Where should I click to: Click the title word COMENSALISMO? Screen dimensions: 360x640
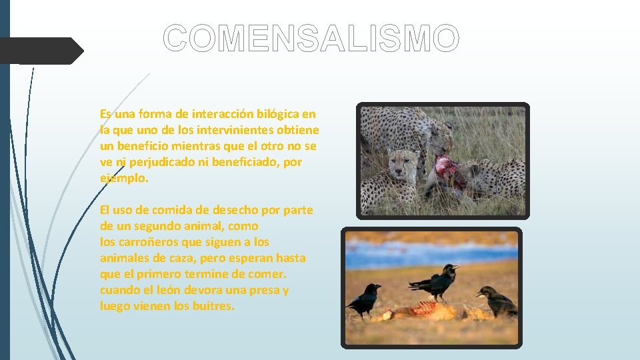point(311,39)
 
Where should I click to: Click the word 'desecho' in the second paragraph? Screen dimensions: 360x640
point(238,210)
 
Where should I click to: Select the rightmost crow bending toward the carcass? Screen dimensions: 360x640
point(497,301)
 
